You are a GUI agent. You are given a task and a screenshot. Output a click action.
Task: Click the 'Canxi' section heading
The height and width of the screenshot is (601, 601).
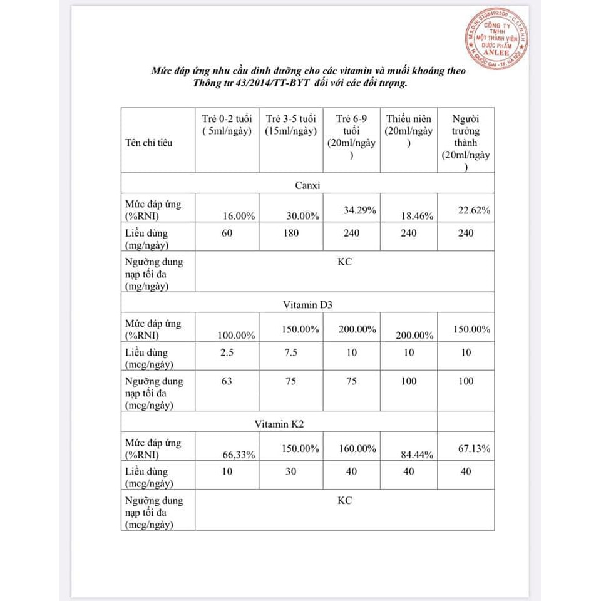[x=307, y=185]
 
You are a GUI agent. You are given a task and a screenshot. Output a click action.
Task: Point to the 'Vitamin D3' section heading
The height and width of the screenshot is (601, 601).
[x=307, y=305]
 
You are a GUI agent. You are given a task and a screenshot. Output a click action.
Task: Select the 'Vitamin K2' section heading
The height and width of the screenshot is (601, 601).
[x=279, y=424]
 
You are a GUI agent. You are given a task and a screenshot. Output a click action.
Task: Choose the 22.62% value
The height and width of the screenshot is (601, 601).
[x=474, y=210]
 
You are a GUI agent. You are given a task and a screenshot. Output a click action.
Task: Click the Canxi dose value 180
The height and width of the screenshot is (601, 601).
[x=290, y=233]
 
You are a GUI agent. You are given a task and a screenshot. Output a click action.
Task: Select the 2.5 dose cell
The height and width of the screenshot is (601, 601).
[x=227, y=352]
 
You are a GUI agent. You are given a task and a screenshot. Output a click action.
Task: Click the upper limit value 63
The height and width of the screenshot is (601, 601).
[x=227, y=381]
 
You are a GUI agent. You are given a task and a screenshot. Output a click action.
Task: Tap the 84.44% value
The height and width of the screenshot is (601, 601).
[x=417, y=455]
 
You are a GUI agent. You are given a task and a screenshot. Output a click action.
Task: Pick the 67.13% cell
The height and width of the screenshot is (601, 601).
[x=474, y=449]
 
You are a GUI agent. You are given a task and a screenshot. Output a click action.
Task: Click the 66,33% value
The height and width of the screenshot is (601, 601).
[x=239, y=455]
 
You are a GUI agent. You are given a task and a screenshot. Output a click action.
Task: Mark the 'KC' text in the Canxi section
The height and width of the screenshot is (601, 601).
[x=344, y=262]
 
